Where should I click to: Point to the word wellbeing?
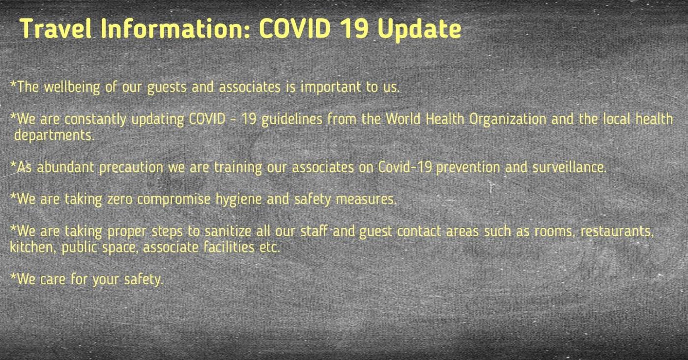(x=72, y=88)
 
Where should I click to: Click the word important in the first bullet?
(x=331, y=88)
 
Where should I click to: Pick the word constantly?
(x=95, y=120)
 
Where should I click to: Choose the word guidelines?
(x=292, y=120)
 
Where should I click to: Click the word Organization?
(x=508, y=120)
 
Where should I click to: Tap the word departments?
(x=54, y=136)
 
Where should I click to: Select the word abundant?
(x=65, y=167)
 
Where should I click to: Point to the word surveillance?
(x=570, y=167)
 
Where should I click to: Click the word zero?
(x=120, y=200)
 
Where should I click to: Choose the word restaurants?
(x=617, y=232)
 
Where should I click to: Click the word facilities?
(x=229, y=248)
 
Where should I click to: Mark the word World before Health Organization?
(x=403, y=119)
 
